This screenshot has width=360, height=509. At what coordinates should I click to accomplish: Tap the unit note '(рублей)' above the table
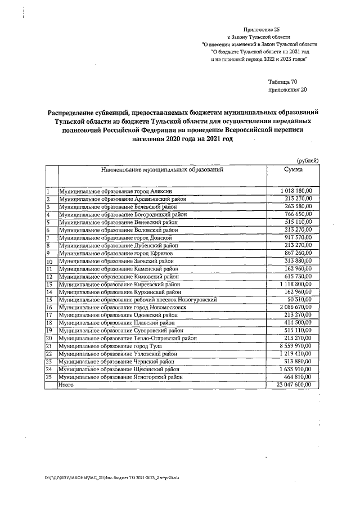coord(307,161)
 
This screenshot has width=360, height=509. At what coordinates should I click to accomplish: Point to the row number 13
coord(49,285)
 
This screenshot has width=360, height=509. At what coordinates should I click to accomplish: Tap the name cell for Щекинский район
coord(120,370)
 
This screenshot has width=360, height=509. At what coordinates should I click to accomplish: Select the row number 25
coord(49,377)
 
